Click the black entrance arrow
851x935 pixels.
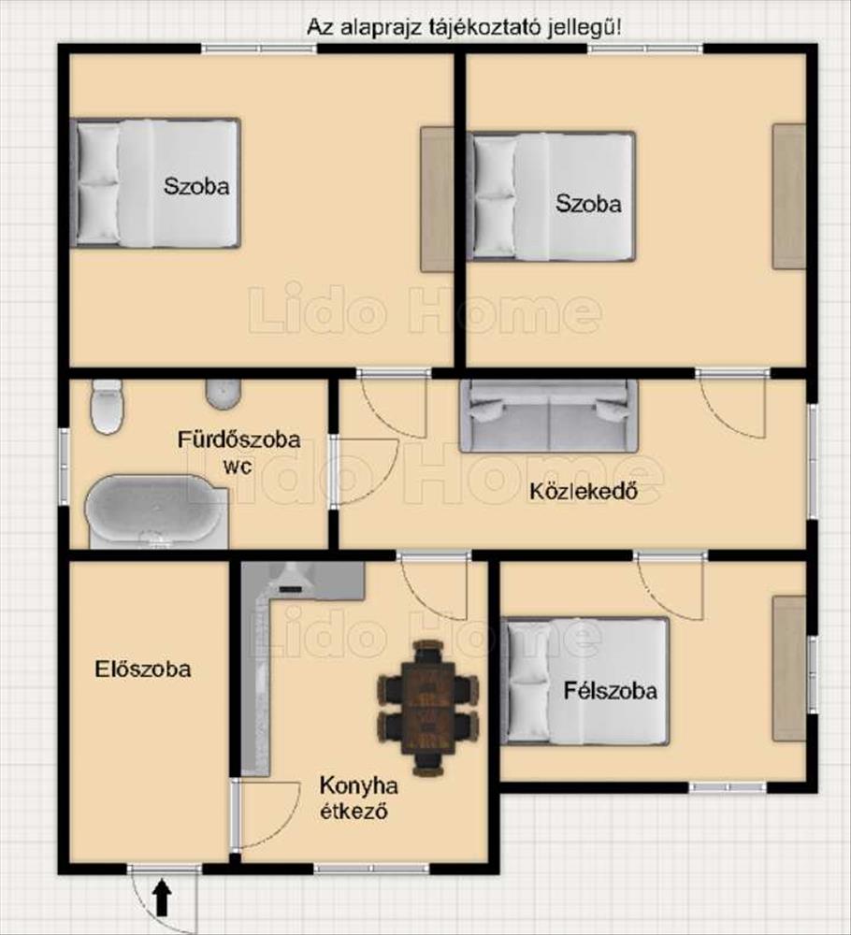click(163, 898)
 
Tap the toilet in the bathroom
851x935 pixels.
click(108, 407)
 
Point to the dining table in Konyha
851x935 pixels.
click(428, 708)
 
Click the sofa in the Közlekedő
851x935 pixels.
click(548, 416)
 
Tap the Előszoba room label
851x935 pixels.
click(143, 669)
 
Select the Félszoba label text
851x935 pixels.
click(611, 691)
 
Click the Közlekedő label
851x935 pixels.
click(584, 492)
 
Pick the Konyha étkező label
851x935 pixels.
click(358, 798)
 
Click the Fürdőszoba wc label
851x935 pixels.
click(238, 452)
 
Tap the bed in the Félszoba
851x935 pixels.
click(585, 682)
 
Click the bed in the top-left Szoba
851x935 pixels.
click(155, 183)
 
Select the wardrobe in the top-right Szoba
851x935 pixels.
click(789, 196)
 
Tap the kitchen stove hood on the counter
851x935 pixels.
click(292, 579)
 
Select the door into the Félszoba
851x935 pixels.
click(670, 587)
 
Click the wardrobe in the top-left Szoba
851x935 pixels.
click(437, 199)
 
